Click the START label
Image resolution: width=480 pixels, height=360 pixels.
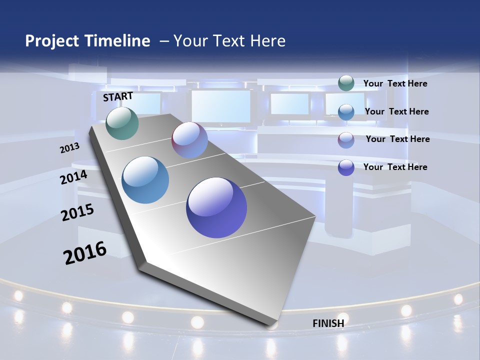click(118, 96)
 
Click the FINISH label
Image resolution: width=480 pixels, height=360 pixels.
click(328, 323)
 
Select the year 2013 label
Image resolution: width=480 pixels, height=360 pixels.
click(69, 147)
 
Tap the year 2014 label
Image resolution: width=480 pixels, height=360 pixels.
click(74, 177)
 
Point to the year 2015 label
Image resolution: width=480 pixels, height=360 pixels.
click(77, 212)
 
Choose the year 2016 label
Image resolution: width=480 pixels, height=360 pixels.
click(85, 252)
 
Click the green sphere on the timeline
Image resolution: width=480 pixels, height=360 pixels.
click(122, 123)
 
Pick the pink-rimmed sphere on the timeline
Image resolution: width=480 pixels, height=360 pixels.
click(189, 140)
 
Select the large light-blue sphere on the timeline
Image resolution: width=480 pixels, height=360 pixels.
click(145, 180)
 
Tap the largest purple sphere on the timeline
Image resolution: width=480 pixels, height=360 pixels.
click(216, 207)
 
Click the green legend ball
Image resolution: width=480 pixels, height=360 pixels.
click(346, 83)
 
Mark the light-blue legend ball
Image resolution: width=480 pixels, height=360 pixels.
click(346, 111)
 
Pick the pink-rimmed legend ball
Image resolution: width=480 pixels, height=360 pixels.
click(346, 139)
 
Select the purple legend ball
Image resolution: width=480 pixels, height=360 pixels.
click(346, 167)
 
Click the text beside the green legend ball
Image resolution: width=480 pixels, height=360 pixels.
click(395, 83)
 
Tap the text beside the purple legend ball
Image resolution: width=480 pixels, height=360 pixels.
click(395, 167)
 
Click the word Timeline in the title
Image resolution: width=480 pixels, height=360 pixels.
click(114, 41)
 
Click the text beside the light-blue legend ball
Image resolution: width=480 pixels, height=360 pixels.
click(396, 111)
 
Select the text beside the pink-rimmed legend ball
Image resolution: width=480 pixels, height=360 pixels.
click(397, 139)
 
